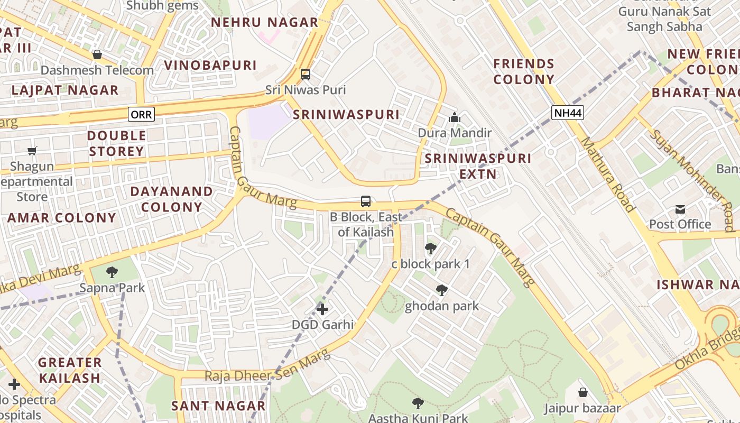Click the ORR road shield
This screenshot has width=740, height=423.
141,114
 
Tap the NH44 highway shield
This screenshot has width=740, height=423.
568,112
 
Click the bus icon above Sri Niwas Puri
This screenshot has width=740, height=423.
306,75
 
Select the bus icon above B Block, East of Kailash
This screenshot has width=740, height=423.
366,201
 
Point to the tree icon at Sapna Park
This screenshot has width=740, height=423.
112,272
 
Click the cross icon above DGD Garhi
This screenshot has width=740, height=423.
322,309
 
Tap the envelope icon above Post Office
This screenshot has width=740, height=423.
680,209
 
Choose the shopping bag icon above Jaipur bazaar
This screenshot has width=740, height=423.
582,392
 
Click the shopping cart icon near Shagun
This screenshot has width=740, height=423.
32,151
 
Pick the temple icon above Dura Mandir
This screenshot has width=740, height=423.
454,118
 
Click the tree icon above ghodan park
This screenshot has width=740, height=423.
441,290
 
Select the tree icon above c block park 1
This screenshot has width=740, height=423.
430,248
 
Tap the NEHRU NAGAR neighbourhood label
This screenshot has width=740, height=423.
265,22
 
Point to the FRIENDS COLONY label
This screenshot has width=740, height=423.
524,71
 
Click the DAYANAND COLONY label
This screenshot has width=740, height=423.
172,199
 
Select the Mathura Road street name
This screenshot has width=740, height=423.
607,174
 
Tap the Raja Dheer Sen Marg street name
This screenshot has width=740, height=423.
267,369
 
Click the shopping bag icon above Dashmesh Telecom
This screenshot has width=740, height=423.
97,54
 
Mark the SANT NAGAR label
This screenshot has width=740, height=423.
218,406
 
